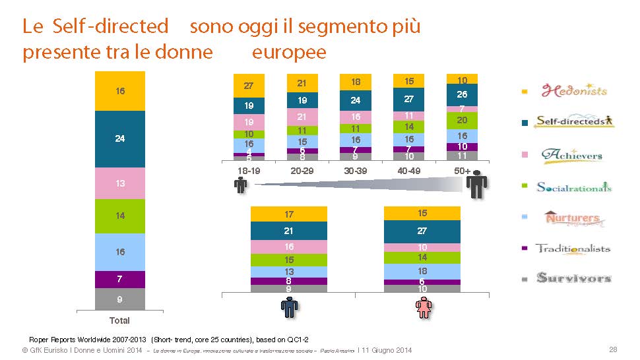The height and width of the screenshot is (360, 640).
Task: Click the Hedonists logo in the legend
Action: (574, 90)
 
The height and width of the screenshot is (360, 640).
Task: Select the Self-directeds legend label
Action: (574, 121)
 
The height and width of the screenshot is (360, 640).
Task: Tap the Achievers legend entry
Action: (571, 155)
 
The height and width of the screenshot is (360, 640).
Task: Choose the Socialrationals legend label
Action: (574, 187)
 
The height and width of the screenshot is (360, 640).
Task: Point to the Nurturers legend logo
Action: (572, 218)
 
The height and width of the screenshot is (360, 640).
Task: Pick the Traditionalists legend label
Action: (573, 249)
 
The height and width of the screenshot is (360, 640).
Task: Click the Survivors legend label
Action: (573, 278)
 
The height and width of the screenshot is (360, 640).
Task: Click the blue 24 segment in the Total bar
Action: (119, 139)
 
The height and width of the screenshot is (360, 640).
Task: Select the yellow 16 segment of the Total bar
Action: (119, 91)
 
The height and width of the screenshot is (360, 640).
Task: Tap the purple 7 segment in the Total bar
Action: (119, 280)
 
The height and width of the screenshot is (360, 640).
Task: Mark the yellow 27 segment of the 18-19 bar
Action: (249, 86)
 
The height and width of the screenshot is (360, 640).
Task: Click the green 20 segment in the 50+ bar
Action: (462, 120)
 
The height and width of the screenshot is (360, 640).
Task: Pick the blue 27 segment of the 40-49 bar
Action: (409, 99)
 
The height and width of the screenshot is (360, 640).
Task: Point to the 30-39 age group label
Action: (356, 171)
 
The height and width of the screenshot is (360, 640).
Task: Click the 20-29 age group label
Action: (302, 171)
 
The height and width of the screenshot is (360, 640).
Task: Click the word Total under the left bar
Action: (119, 320)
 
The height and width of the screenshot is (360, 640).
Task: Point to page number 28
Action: (613, 349)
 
